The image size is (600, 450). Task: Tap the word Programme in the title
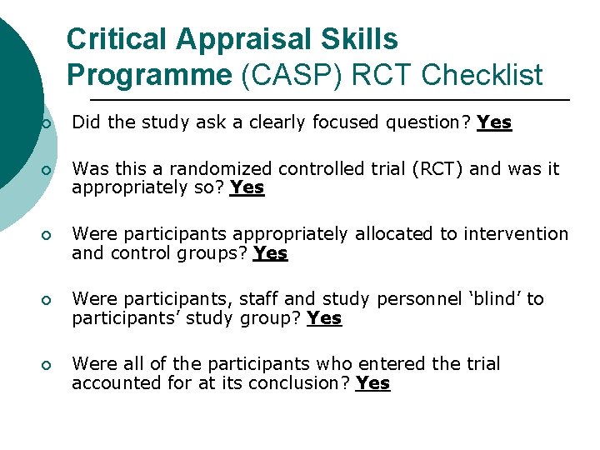click(149, 75)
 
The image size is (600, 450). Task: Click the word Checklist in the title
click(482, 75)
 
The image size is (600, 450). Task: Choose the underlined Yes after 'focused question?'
click(494, 123)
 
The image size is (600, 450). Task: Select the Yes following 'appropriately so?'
click(247, 188)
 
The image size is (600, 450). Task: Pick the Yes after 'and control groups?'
click(270, 253)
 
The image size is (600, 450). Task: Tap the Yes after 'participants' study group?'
click(324, 318)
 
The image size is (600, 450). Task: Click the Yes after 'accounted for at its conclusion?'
click(372, 383)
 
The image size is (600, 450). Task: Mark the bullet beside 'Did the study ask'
click(47, 124)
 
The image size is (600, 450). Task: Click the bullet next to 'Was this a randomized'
click(47, 171)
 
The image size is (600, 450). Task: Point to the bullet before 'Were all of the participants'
click(47, 366)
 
